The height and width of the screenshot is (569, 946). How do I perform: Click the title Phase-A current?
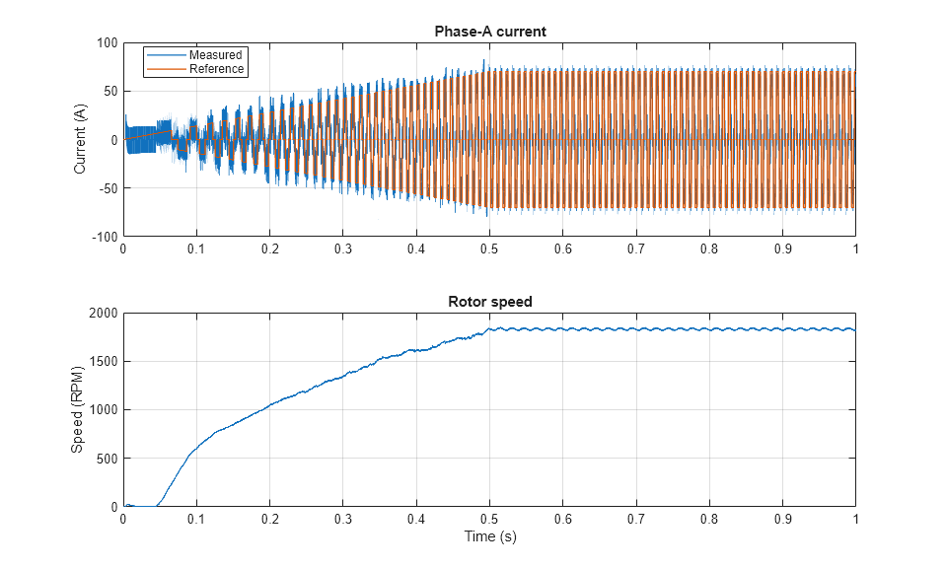click(x=489, y=32)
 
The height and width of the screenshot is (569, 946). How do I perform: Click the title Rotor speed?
click(x=489, y=302)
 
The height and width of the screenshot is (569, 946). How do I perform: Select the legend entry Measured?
click(x=215, y=55)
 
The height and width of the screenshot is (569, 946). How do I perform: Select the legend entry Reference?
click(x=216, y=69)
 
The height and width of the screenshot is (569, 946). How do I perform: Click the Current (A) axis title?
click(x=80, y=140)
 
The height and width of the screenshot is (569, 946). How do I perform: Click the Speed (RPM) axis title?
click(x=78, y=410)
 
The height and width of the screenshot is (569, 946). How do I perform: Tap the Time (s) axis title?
click(x=489, y=537)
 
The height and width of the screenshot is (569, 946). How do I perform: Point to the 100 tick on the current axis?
click(x=107, y=43)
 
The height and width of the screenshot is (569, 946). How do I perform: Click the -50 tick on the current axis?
click(x=107, y=189)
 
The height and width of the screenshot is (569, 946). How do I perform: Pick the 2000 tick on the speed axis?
click(x=103, y=314)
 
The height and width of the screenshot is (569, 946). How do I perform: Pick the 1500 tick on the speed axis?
click(x=103, y=362)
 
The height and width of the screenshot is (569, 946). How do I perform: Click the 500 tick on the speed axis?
click(x=106, y=459)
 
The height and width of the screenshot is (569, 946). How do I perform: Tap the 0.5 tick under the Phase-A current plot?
click(x=489, y=249)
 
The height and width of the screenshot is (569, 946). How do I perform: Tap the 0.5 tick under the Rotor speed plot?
click(x=489, y=519)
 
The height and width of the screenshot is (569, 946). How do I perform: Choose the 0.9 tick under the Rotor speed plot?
click(x=782, y=519)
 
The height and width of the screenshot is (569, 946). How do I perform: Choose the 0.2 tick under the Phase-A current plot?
click(x=269, y=249)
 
